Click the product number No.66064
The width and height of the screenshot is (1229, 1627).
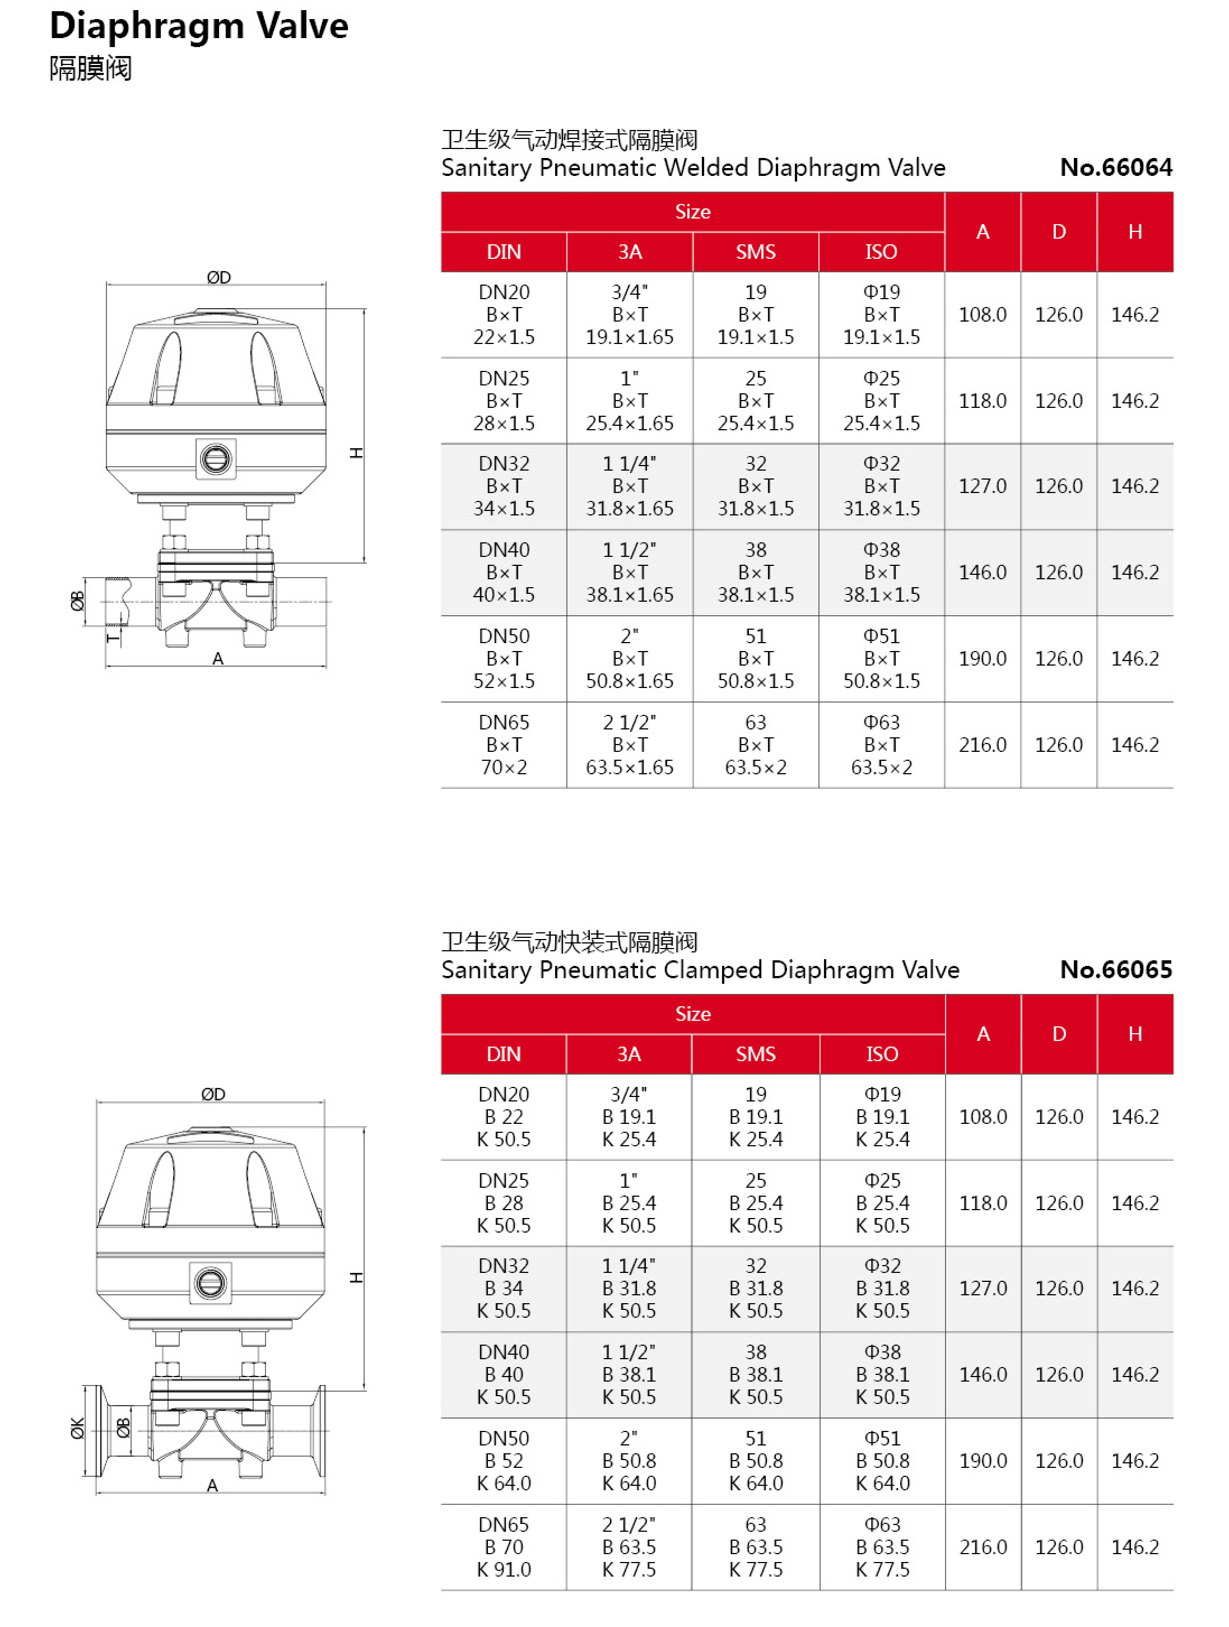(1115, 168)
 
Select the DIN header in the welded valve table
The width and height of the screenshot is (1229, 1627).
(503, 252)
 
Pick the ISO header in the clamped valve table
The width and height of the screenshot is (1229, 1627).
(881, 1054)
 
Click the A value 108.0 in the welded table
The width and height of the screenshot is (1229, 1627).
(982, 315)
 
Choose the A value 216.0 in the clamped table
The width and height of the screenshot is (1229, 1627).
(983, 1547)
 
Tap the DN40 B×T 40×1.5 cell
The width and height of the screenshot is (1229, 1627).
(503, 572)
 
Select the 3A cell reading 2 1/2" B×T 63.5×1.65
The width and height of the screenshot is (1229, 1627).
(629, 745)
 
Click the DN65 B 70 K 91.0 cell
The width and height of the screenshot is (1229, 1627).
(503, 1547)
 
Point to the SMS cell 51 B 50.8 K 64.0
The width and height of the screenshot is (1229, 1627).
(755, 1461)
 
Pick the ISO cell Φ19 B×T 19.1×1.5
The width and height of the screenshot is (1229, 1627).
(881, 315)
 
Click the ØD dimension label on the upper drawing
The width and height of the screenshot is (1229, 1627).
(218, 277)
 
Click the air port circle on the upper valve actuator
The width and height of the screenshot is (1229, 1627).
(216, 459)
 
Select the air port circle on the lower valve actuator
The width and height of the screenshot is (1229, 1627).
(211, 1283)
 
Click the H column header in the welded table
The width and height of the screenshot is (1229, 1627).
(1134, 233)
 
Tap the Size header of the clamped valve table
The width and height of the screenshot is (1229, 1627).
(692, 1014)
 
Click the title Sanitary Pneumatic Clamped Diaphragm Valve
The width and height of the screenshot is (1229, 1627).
(700, 970)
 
